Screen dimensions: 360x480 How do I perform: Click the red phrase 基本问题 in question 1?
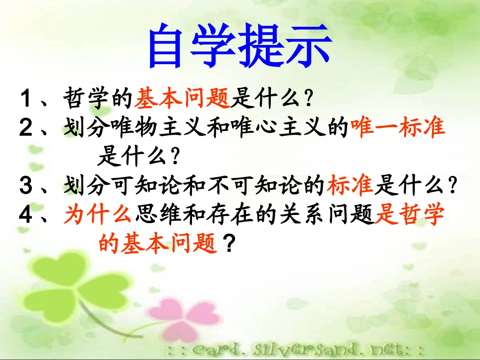[x=182, y=96]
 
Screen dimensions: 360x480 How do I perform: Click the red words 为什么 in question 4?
[x=98, y=216]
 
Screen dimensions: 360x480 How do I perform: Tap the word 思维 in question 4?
[x=154, y=216]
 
